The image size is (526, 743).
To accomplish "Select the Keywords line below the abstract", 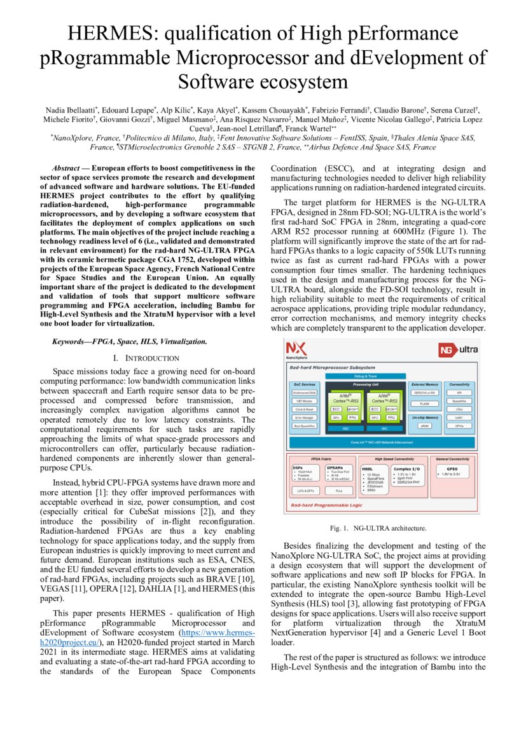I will point(129,341).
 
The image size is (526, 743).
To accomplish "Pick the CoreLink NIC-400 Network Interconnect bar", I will point(380,440).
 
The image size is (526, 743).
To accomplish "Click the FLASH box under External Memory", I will point(425,403).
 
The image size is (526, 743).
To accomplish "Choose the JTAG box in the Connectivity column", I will point(459,410).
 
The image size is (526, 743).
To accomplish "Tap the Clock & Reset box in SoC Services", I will point(303,409).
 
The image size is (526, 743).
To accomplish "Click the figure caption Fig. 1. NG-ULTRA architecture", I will point(378,528).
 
